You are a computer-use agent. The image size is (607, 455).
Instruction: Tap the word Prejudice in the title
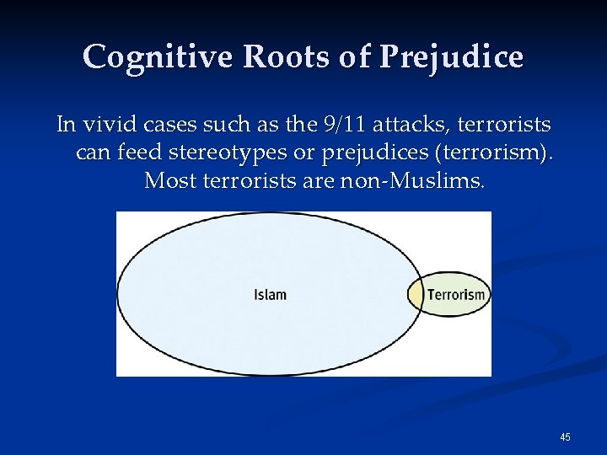click(451, 56)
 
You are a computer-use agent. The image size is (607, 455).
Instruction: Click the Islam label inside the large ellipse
click(270, 295)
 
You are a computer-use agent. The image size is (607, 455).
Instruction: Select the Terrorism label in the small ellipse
click(456, 295)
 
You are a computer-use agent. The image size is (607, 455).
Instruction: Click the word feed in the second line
click(134, 153)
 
